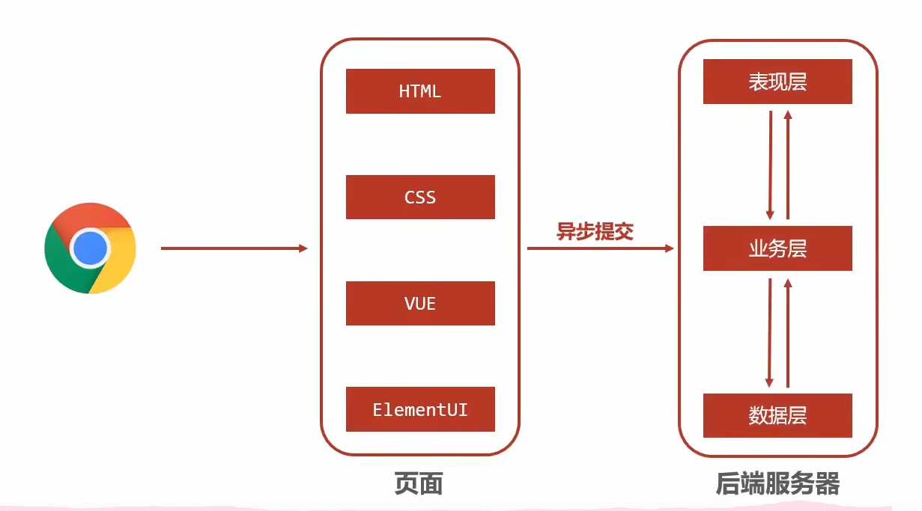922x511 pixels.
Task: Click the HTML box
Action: pyautogui.click(x=420, y=91)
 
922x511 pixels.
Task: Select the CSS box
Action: pyautogui.click(x=420, y=198)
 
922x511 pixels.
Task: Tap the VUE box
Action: pyautogui.click(x=420, y=303)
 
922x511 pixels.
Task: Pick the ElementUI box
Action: pyautogui.click(x=420, y=409)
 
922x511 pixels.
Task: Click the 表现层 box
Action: pyautogui.click(x=777, y=82)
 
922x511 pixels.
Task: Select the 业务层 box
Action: pyautogui.click(x=777, y=248)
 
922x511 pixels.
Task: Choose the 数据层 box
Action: pyautogui.click(x=777, y=415)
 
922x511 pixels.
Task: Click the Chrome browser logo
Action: pyautogui.click(x=90, y=248)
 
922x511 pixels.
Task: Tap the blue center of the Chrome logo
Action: pyautogui.click(x=90, y=248)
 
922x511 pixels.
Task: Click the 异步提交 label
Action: pyautogui.click(x=595, y=231)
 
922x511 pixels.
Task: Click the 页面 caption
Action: pyautogui.click(x=419, y=483)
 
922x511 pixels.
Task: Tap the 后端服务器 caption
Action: pyautogui.click(x=777, y=483)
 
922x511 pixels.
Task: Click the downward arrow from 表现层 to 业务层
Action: pyautogui.click(x=769, y=165)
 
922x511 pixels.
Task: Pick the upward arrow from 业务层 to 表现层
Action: pyautogui.click(x=787, y=165)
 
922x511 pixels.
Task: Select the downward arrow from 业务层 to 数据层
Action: pyautogui.click(x=769, y=332)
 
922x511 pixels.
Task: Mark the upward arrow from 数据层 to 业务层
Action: pyautogui.click(x=787, y=332)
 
